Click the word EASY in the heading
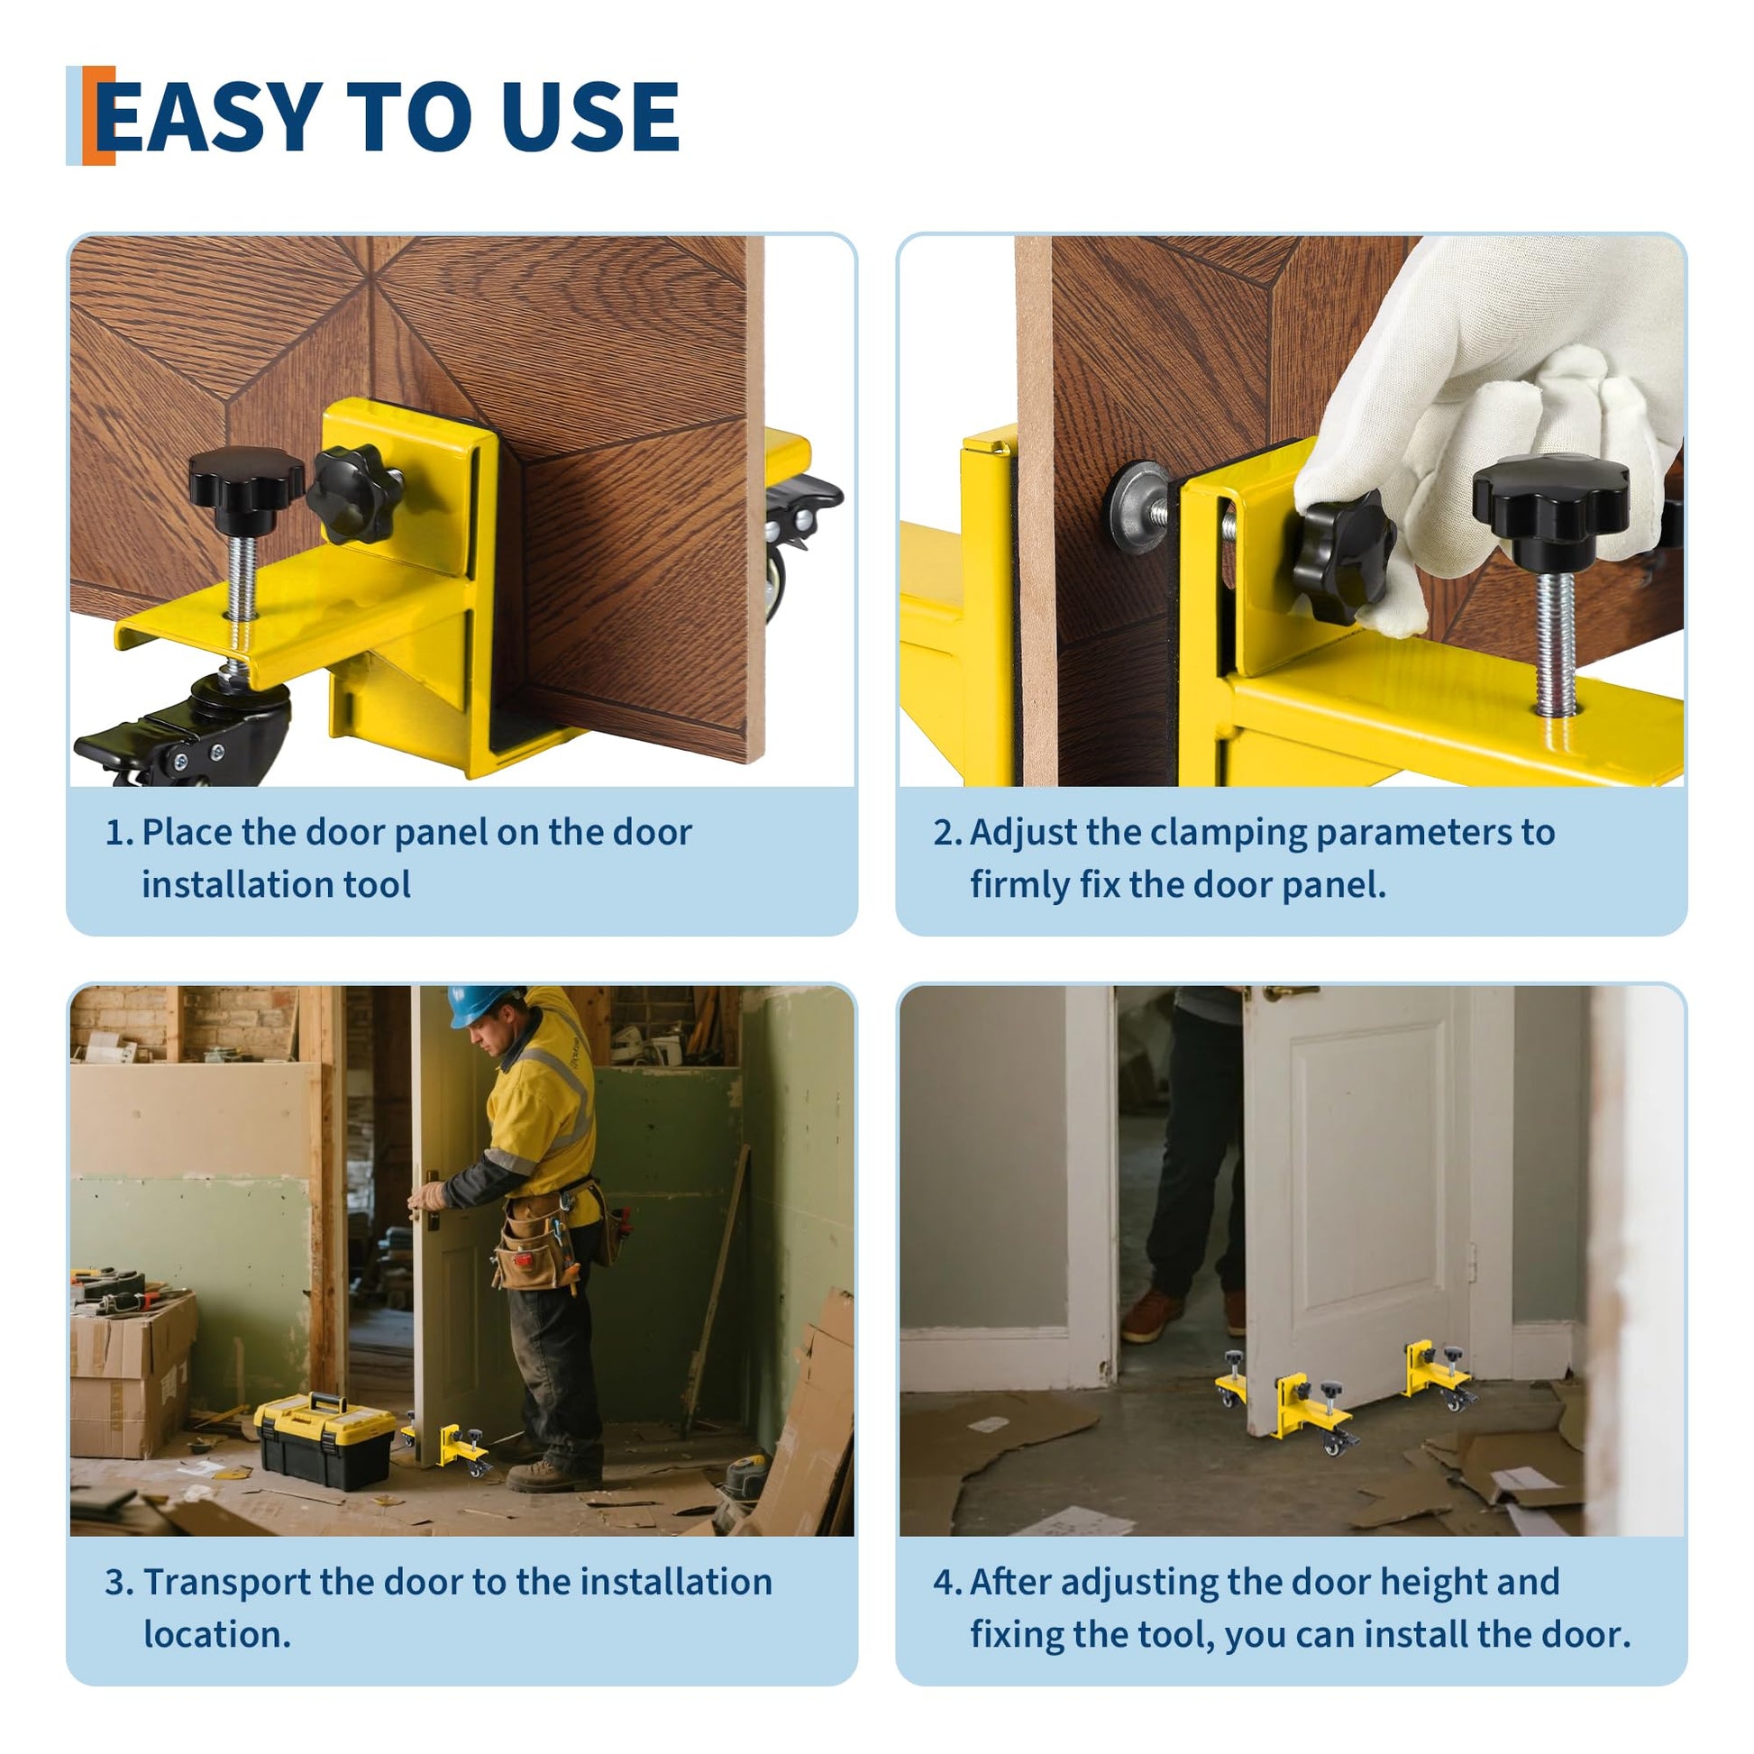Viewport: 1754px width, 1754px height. [209, 115]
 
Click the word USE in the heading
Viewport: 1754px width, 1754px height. [590, 115]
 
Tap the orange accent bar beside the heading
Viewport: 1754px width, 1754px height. [98, 115]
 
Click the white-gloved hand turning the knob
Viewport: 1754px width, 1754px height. [1489, 417]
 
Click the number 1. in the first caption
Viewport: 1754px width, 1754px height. [119, 833]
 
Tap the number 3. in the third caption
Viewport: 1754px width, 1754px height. [119, 1583]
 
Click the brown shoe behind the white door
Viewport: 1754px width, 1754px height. [1151, 1318]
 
